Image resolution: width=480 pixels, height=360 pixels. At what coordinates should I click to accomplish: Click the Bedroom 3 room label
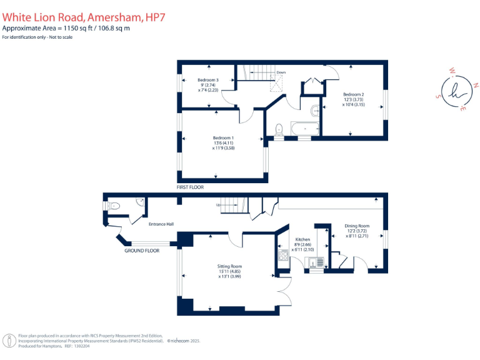pyautogui.click(x=208, y=80)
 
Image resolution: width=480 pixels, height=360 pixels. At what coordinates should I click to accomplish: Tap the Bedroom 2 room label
pyautogui.click(x=353, y=94)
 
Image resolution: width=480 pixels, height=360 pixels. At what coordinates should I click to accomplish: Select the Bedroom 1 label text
pyautogui.click(x=223, y=137)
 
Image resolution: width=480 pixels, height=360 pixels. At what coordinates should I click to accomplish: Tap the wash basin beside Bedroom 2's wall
pyautogui.click(x=317, y=111)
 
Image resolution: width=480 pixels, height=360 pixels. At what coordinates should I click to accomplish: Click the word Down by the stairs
pyautogui.click(x=281, y=72)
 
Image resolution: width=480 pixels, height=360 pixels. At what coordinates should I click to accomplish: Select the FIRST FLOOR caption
pyautogui.click(x=190, y=187)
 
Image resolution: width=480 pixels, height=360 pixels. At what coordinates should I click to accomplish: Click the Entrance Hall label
pyautogui.click(x=161, y=224)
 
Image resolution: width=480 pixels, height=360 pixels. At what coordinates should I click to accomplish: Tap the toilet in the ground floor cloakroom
pyautogui.click(x=114, y=205)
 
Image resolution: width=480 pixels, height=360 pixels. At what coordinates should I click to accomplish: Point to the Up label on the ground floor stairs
pyautogui.click(x=219, y=204)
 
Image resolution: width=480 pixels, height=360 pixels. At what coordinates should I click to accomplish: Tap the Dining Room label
pyautogui.click(x=357, y=226)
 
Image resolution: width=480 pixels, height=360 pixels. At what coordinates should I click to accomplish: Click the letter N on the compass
pyautogui.click(x=476, y=85)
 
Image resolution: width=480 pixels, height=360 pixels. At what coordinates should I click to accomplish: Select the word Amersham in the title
pyautogui.click(x=116, y=19)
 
